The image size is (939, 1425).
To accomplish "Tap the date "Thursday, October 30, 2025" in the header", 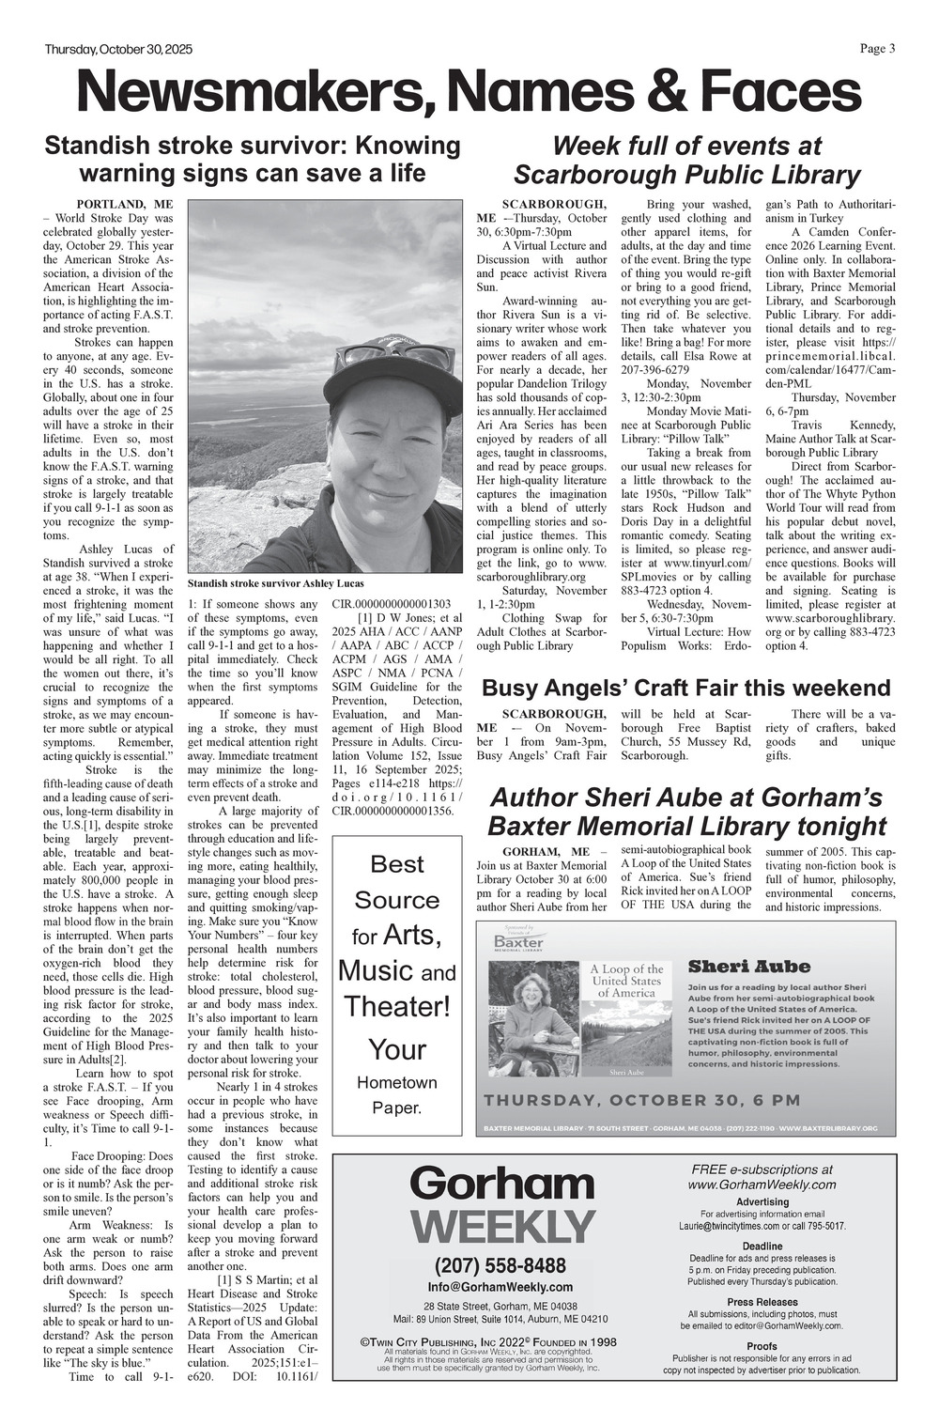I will [x=118, y=50].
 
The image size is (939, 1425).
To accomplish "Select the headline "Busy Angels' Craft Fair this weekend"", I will [x=685, y=688].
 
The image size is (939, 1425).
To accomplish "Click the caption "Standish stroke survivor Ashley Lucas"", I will [x=276, y=583].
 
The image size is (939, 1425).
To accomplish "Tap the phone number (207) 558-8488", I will [x=500, y=1264].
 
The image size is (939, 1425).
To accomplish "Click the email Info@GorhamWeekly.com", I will [x=500, y=1287].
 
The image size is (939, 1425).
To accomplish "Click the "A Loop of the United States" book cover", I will [x=626, y=1018].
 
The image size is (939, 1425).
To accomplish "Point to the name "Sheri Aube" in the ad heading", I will [x=748, y=967].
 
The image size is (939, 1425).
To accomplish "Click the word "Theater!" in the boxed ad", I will [x=397, y=1006].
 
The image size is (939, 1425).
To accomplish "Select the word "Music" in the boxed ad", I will [x=376, y=969].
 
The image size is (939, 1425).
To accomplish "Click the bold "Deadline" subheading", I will [x=762, y=1247].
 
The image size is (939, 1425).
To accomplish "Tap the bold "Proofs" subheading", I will [x=762, y=1346].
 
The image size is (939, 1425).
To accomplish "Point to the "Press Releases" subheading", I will [x=762, y=1302].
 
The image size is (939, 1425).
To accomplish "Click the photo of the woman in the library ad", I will [x=532, y=1018].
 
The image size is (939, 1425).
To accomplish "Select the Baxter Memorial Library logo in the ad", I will [x=518, y=941].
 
